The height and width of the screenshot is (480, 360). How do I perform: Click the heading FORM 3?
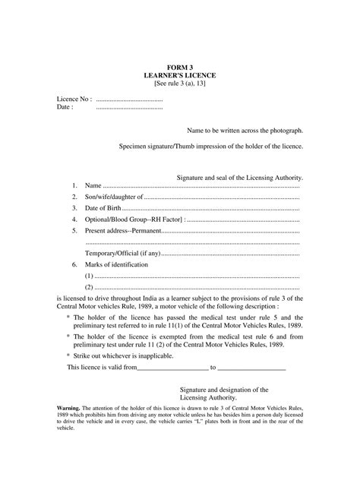180,68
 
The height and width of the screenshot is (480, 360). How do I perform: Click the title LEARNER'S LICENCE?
180,76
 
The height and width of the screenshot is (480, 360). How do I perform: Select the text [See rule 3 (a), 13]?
180,84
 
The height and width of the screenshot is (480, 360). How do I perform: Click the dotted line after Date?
129,107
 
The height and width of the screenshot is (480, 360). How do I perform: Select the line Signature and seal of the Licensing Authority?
240,176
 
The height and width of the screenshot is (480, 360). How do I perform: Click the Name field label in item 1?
93,185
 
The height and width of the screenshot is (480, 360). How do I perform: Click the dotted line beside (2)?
197,287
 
